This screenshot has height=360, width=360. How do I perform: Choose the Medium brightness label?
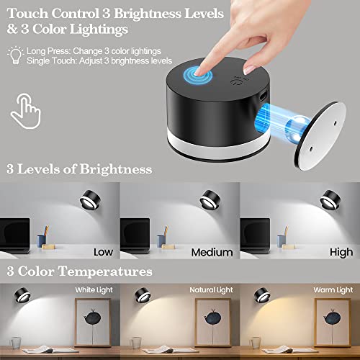[212, 252]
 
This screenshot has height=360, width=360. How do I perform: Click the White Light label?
[93, 289]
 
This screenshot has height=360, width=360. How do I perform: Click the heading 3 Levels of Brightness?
[78, 169]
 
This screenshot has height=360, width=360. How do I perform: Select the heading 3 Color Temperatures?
[79, 271]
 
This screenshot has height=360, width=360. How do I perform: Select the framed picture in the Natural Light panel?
[208, 328]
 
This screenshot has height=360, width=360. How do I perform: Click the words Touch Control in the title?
[48, 12]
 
